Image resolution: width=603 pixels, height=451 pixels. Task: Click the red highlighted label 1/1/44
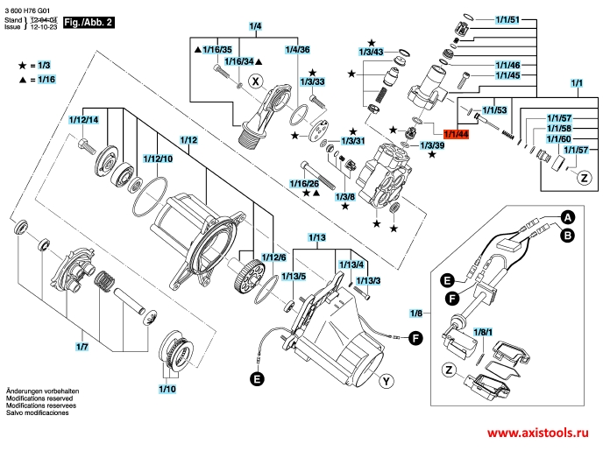[457, 134]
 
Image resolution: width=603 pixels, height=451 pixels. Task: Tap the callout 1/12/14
[84, 119]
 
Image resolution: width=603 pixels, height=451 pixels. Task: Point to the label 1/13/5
[293, 277]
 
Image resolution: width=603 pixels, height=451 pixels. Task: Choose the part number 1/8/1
[483, 333]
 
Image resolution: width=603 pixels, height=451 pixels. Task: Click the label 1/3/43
[372, 53]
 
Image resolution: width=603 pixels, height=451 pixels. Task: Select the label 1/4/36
[298, 49]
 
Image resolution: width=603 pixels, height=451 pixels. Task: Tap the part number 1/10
[167, 387]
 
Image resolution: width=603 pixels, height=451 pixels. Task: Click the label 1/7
[82, 349]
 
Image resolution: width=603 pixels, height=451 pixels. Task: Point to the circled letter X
[255, 81]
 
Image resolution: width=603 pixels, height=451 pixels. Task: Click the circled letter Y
[387, 381]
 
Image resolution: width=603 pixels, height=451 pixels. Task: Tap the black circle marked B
[567, 235]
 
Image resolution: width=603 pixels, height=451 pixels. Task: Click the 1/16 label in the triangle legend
[46, 79]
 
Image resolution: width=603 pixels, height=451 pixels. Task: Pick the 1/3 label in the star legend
[44, 66]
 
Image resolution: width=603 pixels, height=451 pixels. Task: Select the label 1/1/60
[559, 139]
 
